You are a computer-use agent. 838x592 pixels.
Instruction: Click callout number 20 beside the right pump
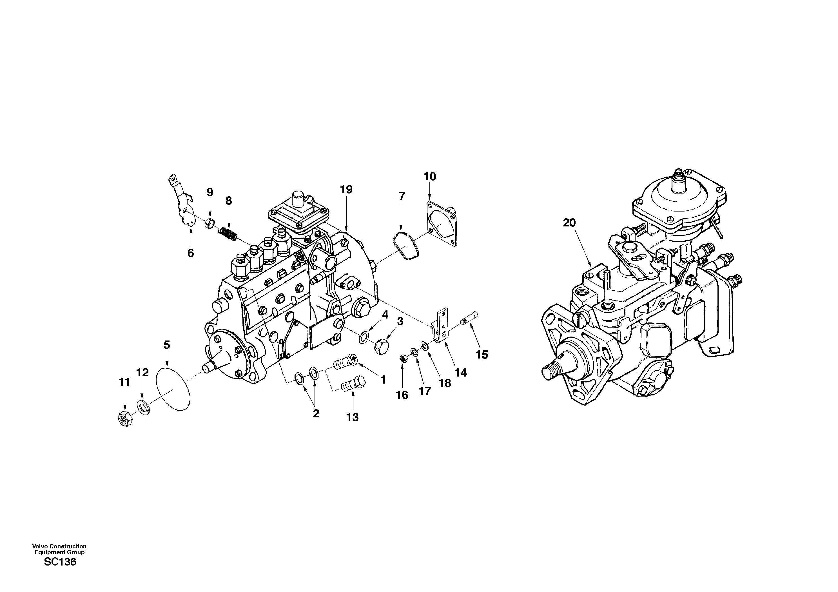coord(569,223)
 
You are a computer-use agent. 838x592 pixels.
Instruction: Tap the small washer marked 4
coord(364,338)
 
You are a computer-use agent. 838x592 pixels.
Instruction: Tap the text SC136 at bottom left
coord(60,562)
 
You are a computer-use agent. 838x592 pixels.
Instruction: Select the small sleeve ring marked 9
coord(210,222)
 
